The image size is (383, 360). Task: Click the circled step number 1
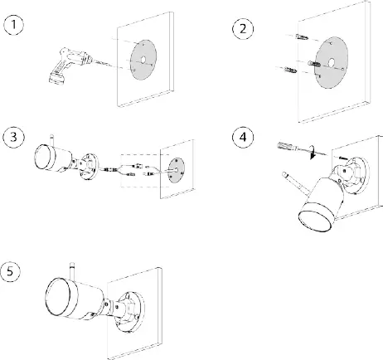(14, 25)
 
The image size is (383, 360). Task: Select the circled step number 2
(243, 29)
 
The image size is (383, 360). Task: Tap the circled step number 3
(14, 137)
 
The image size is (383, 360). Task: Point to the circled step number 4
(243, 137)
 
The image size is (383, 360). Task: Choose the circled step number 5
(10, 271)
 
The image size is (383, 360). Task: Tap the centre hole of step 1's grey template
(143, 60)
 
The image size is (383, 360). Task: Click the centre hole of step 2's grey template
(331, 63)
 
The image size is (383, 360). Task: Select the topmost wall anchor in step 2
(302, 37)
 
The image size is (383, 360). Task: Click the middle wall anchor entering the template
(314, 64)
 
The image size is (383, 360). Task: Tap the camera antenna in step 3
(51, 140)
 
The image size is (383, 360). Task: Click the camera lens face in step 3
(42, 157)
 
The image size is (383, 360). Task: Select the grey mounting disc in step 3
(177, 170)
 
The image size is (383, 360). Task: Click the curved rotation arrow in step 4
(313, 152)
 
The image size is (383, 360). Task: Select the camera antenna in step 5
(72, 271)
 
